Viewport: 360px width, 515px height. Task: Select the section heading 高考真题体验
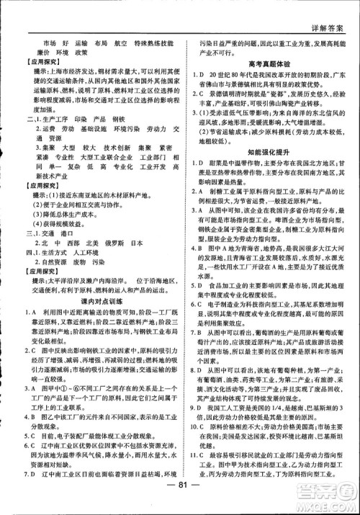point(271,64)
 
